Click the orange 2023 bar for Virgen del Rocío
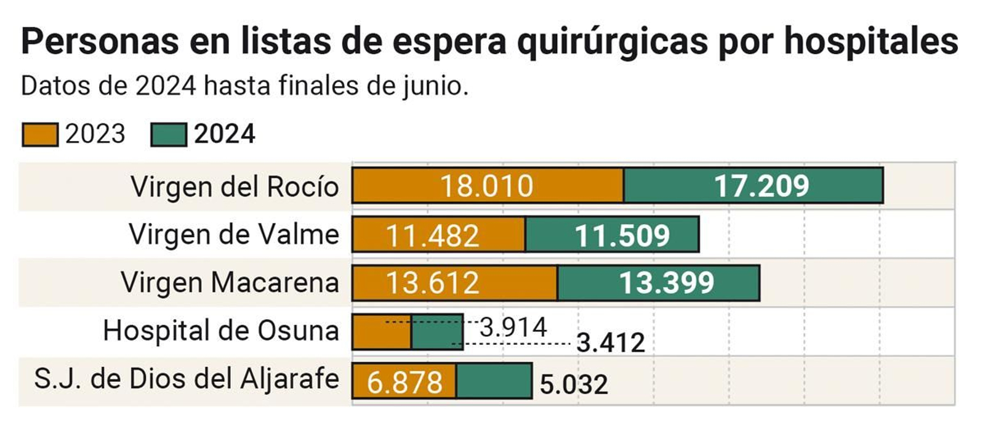488,185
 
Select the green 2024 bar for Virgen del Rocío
754,185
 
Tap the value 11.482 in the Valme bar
432,236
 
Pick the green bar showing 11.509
613,235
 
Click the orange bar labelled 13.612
454,283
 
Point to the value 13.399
666,283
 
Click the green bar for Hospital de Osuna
437,333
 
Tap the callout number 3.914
513,327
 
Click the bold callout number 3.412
610,343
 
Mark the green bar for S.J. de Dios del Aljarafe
494,381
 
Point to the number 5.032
574,385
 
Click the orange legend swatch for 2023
40,134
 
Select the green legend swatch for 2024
168,134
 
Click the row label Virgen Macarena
230,283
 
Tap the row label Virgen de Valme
234,235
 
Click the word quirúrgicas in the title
613,42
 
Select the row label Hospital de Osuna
220,331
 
